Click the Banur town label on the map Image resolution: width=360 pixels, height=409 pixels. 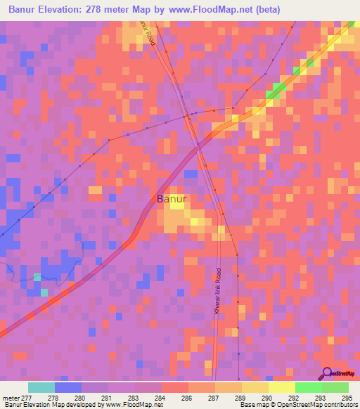coord(172,199)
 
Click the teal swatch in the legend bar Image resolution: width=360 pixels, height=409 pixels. coord(41,387)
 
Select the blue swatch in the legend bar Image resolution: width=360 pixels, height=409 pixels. coord(67,387)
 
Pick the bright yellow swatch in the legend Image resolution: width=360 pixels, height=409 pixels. coord(281,387)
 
